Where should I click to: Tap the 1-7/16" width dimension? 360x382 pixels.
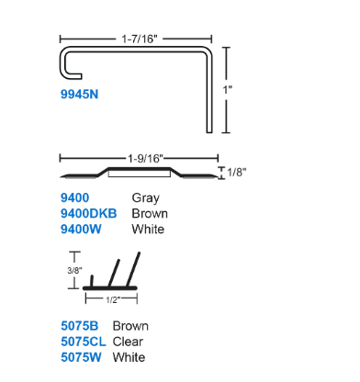[x=139, y=39]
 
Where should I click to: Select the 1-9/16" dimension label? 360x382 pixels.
[x=139, y=158]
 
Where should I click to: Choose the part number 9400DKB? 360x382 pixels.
[x=88, y=213]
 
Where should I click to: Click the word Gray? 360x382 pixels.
[x=146, y=197]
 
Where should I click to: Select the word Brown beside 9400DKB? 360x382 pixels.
[x=150, y=213]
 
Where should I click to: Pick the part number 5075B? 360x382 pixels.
[x=78, y=326]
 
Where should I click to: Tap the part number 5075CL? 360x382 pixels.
[x=82, y=342]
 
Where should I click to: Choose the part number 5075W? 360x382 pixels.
[x=79, y=357]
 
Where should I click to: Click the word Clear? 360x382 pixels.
[x=129, y=342]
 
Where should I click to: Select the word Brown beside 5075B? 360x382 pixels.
[x=130, y=326]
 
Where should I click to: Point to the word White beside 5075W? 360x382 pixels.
[x=129, y=357]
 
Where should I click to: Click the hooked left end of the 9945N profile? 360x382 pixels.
[x=64, y=66]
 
